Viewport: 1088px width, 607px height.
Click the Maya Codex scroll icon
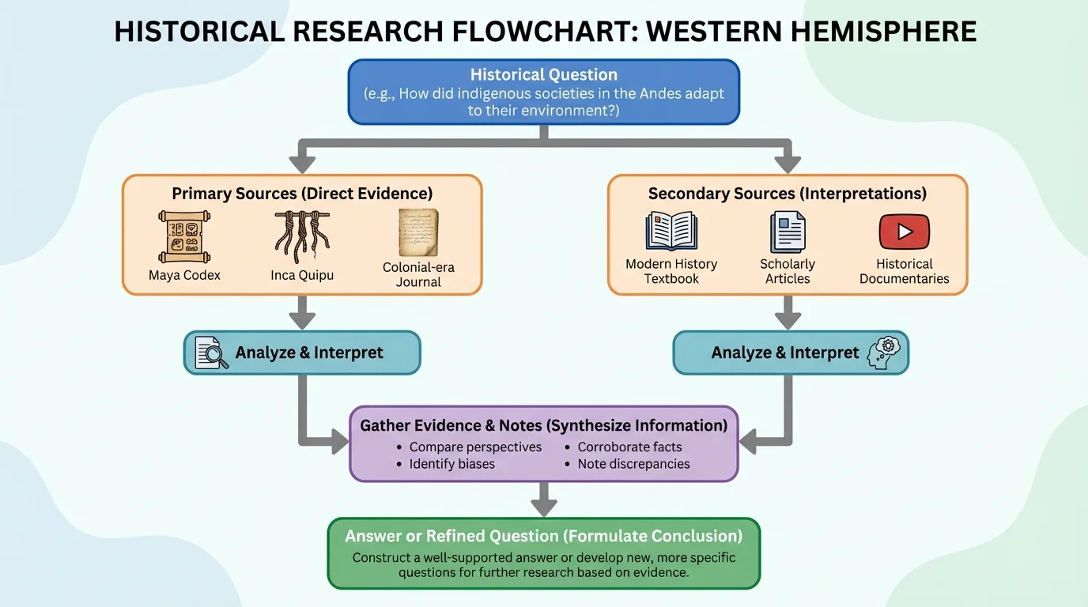click(x=183, y=236)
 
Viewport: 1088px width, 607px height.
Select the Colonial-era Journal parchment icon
click(x=418, y=232)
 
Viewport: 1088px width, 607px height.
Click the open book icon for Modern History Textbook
click(x=671, y=232)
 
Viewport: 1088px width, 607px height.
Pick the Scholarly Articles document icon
click(x=788, y=232)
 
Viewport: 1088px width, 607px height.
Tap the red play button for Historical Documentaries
click(x=904, y=232)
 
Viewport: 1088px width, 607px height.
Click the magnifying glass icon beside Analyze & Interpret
click(x=211, y=353)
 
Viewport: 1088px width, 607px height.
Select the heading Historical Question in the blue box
click(x=544, y=75)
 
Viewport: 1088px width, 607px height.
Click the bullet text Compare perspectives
click(x=475, y=447)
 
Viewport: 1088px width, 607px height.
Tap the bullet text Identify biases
click(x=451, y=464)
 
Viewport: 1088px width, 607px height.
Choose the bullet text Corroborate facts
click(x=629, y=447)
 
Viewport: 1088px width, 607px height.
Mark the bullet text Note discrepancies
click(x=633, y=464)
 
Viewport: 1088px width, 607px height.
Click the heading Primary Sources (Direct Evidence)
click(x=302, y=194)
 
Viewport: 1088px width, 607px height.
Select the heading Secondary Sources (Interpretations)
click(x=788, y=194)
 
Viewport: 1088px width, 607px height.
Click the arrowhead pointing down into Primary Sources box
click(x=302, y=164)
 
